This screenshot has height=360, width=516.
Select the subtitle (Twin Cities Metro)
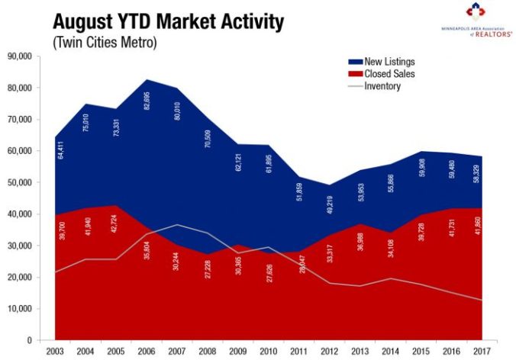click(x=105, y=43)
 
